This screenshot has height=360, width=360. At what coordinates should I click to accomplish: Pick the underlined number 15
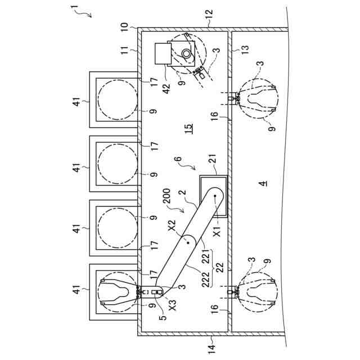tap(190, 128)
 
